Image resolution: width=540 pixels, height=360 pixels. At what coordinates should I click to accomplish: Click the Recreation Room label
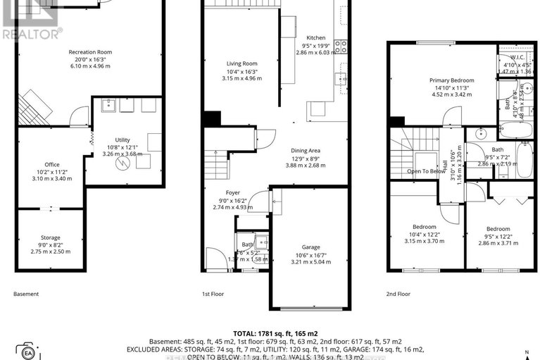[90, 52]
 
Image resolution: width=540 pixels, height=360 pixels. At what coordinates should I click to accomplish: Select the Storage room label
[50, 237]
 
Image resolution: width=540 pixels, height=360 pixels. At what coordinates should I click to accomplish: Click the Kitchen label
[316, 38]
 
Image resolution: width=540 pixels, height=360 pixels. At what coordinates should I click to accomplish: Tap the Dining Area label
[306, 150]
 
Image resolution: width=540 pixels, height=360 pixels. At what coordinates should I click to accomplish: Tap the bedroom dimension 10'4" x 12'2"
[424, 235]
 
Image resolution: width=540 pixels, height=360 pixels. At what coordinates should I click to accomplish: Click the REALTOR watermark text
[32, 32]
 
